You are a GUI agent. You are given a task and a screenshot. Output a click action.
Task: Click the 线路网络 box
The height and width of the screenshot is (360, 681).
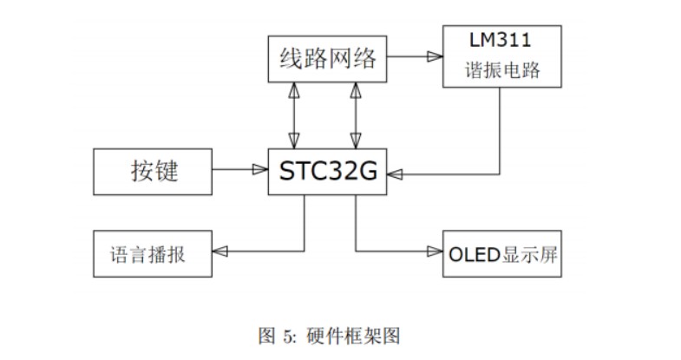327,59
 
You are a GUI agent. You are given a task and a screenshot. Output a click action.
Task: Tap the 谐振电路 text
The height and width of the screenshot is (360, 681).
501,71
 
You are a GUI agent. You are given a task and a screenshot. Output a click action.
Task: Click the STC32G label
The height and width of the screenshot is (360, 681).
328,171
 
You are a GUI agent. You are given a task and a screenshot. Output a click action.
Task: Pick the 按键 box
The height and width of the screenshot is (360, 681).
154,171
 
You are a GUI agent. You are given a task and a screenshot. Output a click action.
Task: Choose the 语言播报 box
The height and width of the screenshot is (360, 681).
153,254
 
